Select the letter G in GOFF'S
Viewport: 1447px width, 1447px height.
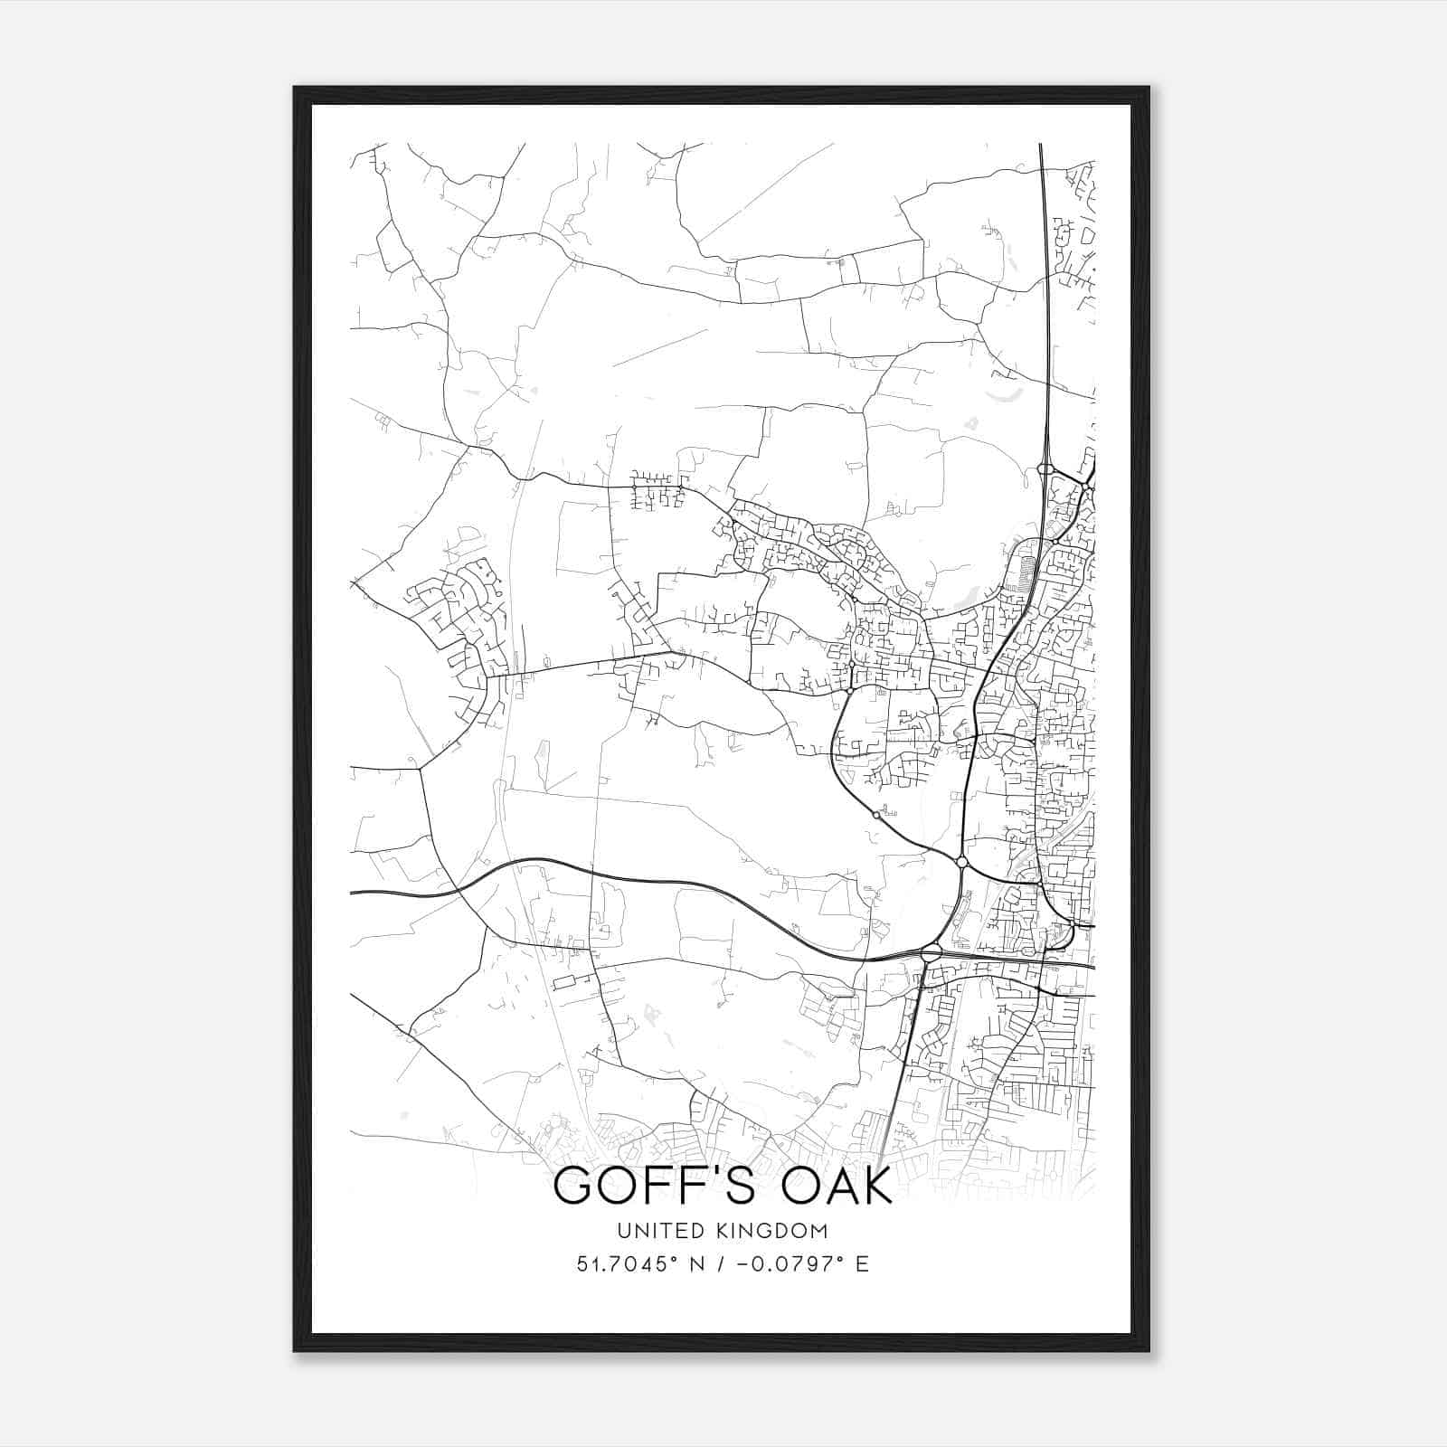[572, 1187]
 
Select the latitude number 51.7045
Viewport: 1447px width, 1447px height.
[620, 1264]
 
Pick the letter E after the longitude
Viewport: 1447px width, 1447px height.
[862, 1264]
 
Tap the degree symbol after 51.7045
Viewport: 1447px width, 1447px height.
[671, 1258]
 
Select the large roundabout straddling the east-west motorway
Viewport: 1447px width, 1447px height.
[932, 952]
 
